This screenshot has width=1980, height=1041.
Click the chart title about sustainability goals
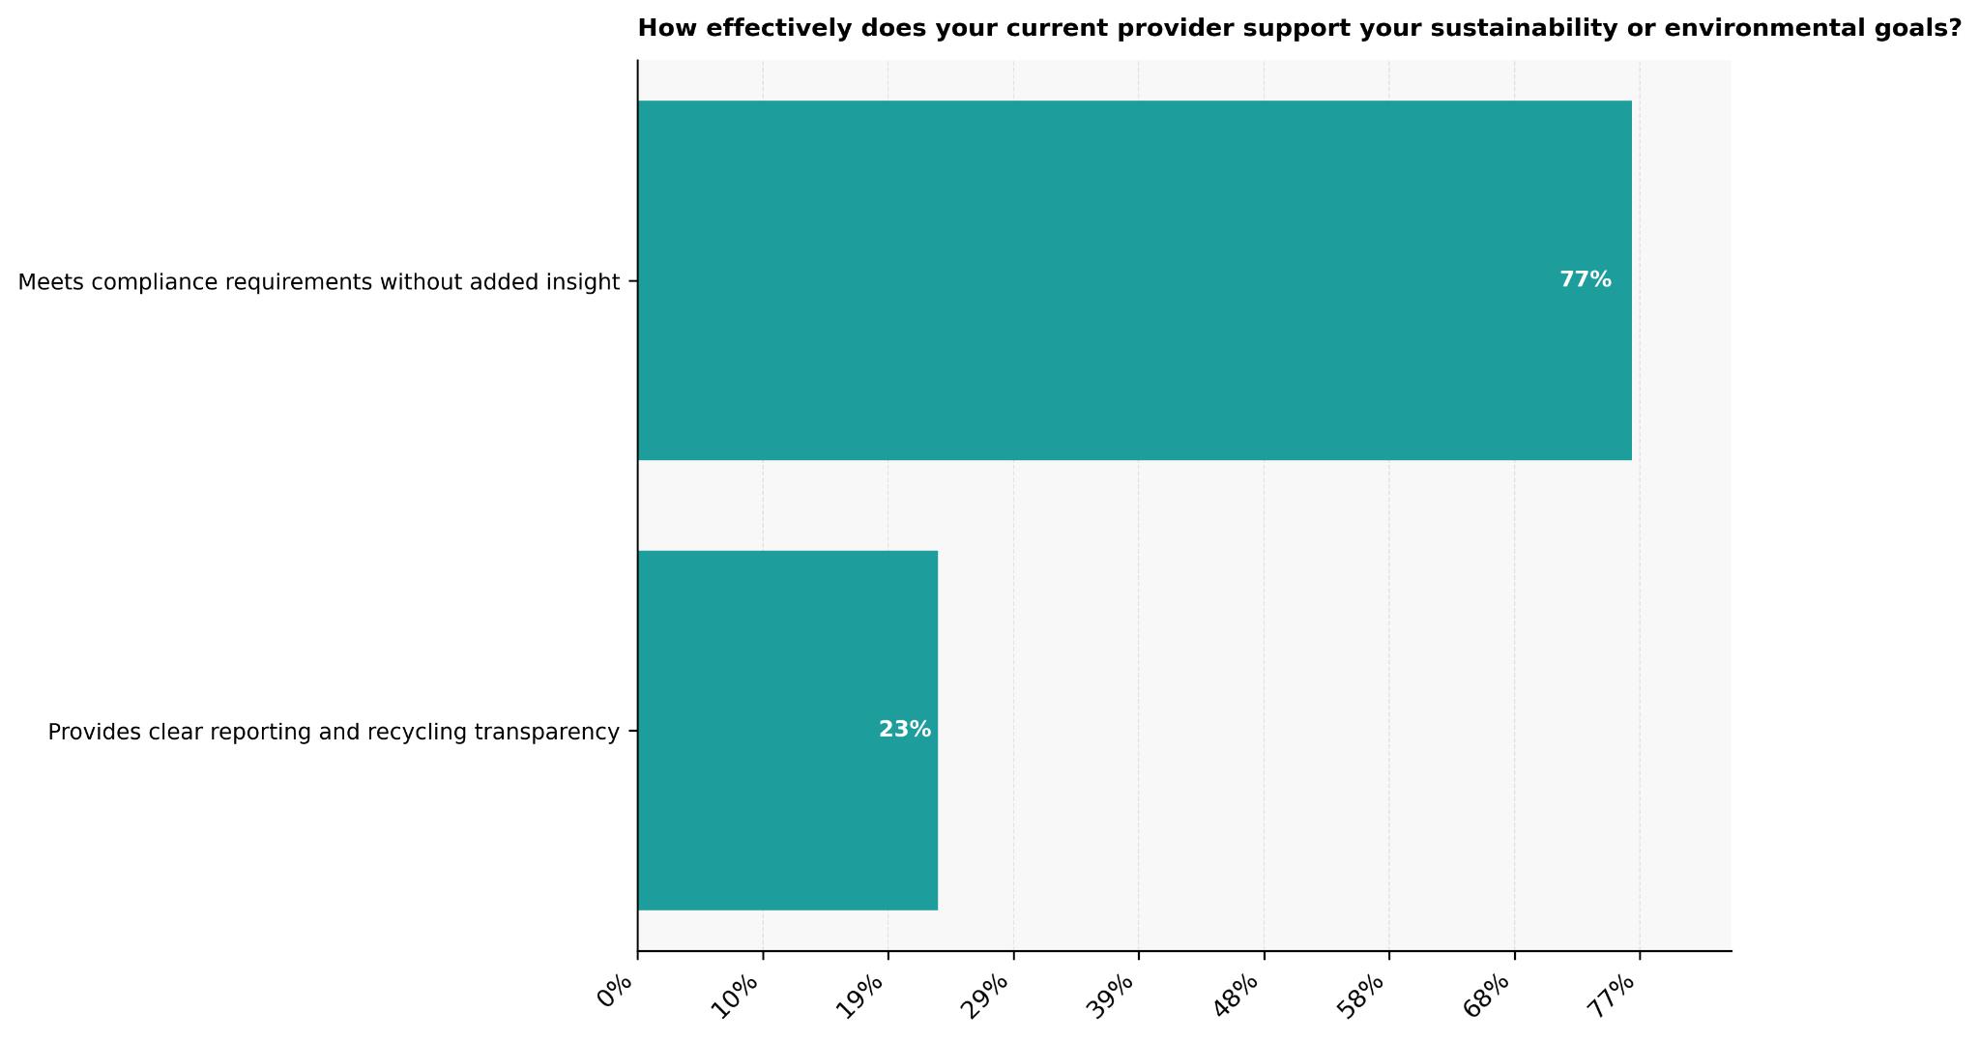[x=1298, y=29]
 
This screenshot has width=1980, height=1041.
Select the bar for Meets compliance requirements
[x=1134, y=280]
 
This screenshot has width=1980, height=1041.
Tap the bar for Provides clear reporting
[x=787, y=730]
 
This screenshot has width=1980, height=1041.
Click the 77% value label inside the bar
[x=1585, y=280]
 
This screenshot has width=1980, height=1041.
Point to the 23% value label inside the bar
[x=904, y=730]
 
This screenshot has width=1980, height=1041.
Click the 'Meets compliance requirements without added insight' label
[x=318, y=282]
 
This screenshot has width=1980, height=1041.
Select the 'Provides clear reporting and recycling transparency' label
[x=333, y=733]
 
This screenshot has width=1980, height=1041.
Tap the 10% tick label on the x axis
[x=739, y=995]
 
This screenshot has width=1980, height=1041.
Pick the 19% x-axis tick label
[x=864, y=995]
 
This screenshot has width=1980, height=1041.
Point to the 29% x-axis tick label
[x=989, y=995]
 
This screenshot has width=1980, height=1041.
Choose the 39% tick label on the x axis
[x=1115, y=995]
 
